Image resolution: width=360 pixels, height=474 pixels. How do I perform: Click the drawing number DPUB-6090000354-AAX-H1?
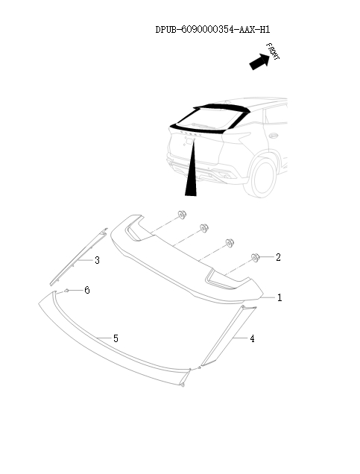212,29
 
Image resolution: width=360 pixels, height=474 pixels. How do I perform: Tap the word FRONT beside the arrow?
273,51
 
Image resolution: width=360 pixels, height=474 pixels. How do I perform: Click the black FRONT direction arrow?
259,62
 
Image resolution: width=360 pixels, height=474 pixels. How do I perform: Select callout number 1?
280,298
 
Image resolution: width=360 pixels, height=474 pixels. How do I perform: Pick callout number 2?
278,257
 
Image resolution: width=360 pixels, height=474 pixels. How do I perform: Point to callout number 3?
97,260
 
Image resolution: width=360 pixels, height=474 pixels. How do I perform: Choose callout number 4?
252,338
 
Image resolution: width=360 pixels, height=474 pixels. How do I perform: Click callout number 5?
116,338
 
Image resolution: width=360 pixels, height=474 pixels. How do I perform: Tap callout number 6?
87,290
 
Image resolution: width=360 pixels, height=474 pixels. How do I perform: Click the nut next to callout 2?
256,258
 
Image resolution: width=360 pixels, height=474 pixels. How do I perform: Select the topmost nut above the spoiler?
182,215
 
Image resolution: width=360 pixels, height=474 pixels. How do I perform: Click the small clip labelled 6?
66,291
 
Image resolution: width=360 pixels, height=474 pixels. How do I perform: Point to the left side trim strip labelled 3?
79,256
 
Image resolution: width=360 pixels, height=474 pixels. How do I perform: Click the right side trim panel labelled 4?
229,336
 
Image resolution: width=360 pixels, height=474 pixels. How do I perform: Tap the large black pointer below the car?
192,168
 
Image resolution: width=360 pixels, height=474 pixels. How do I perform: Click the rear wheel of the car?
260,177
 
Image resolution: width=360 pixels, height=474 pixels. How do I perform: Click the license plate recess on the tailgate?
189,141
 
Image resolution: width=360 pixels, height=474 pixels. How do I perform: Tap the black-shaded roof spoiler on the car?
221,108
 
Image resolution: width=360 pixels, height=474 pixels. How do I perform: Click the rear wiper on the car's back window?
203,124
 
